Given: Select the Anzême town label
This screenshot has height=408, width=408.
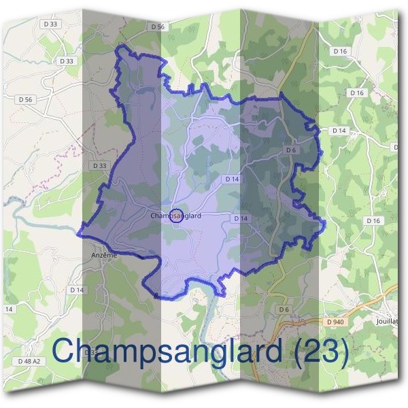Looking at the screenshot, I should pos(104,255).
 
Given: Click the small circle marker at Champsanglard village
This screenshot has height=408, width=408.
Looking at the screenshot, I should pos(175,216).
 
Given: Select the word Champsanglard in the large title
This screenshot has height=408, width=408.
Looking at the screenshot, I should pos(167,353).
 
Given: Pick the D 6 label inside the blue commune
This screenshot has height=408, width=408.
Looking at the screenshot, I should pos(291,150).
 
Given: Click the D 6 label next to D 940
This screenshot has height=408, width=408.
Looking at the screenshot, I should pos(284,310).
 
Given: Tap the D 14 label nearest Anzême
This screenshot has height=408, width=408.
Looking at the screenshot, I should pos(77,290).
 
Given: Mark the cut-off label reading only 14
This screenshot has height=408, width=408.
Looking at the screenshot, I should pos(9,309).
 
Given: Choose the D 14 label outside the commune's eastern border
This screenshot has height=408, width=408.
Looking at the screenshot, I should pos(339,130).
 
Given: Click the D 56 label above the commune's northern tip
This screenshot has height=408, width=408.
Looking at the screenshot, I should pos(156,27).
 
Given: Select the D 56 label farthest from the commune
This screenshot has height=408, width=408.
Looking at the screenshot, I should pos(26,99).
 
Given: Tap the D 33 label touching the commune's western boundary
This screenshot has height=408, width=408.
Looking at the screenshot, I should pos(99,165).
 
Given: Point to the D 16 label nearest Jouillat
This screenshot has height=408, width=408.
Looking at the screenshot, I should pos(373,221).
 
